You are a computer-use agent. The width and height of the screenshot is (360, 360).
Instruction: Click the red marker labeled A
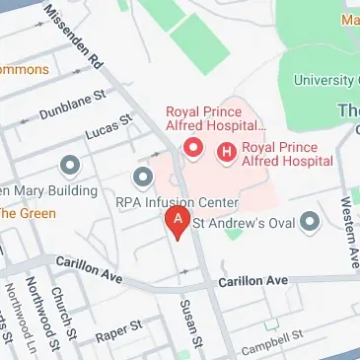tap(177, 221)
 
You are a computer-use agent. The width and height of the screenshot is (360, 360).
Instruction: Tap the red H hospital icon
tap(228, 152)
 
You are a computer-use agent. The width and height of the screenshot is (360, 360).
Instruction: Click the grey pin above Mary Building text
tap(69, 165)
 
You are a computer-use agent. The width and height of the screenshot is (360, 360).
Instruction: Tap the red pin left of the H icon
tap(194, 150)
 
